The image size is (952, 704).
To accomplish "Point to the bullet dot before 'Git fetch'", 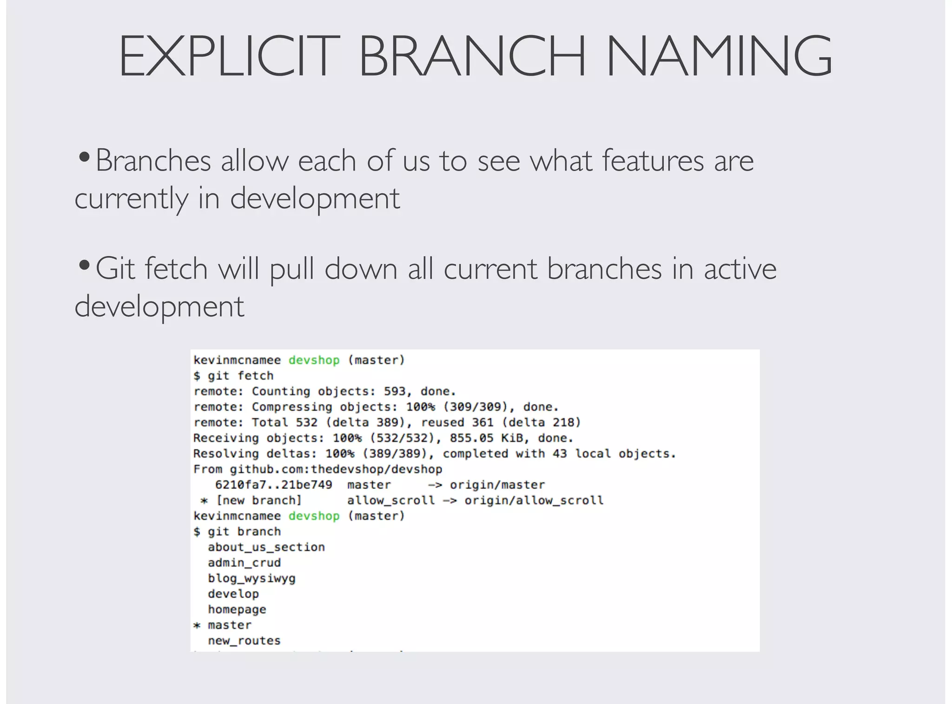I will point(84,266).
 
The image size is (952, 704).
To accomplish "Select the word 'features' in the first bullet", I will point(653,161).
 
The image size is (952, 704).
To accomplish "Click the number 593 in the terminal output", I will point(395,391).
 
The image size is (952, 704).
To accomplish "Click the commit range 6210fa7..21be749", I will point(273,485).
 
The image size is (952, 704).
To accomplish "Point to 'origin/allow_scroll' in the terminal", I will point(534,500).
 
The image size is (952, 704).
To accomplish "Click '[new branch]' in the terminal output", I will point(259,500).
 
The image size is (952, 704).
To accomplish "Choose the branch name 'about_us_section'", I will point(266,547).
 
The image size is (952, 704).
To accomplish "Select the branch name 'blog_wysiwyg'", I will point(251,579).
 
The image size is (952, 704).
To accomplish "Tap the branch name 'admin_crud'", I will point(244,563).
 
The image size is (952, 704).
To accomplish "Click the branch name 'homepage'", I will point(237,609).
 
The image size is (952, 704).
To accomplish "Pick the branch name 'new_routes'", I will point(244,641).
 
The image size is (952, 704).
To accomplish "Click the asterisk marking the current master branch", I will point(197,625).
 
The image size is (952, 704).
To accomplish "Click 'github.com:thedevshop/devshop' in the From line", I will point(336,469).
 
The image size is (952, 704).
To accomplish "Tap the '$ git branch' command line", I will point(237,532).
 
